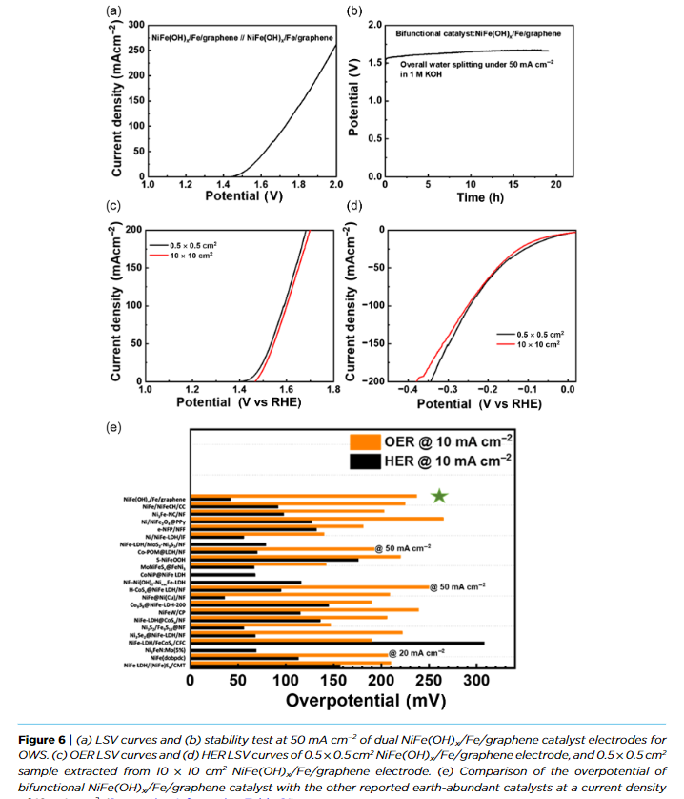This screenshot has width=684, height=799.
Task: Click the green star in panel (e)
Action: [439, 495]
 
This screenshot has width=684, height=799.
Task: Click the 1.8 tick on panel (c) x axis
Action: [333, 390]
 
